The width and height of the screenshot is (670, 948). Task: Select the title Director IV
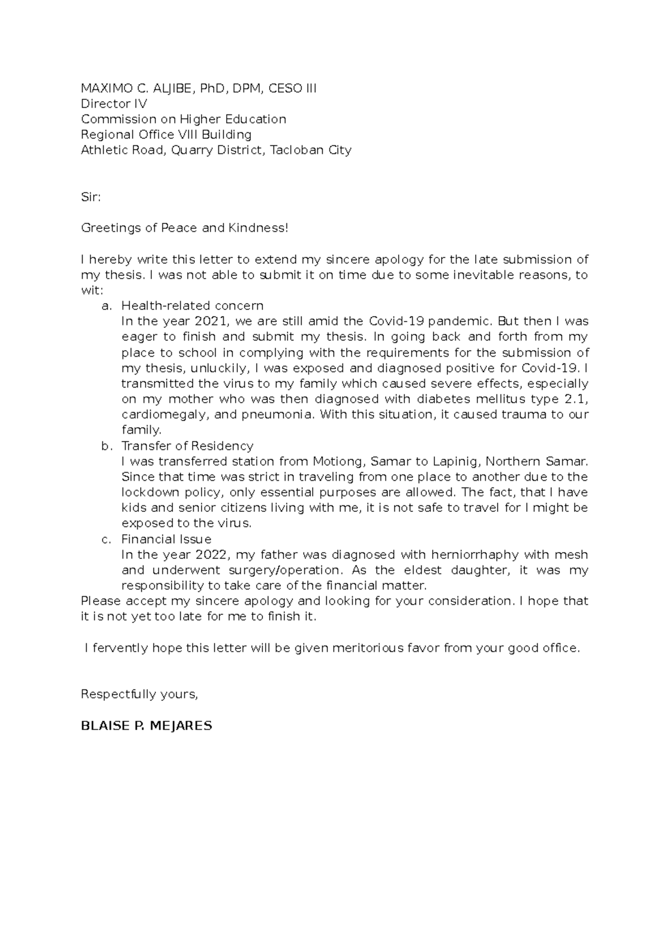[x=114, y=104]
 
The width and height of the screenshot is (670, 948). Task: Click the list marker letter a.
[x=106, y=306]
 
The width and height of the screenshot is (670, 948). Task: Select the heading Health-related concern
[x=192, y=306]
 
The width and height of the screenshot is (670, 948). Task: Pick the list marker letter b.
[x=106, y=446]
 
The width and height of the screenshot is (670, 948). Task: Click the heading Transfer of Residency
[x=187, y=446]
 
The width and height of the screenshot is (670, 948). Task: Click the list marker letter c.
[x=106, y=539]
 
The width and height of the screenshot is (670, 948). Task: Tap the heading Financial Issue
[x=166, y=539]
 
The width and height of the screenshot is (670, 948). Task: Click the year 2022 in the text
[x=212, y=555]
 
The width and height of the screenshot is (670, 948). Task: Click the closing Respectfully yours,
[x=140, y=695]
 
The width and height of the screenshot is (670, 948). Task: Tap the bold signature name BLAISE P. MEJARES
[x=146, y=726]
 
